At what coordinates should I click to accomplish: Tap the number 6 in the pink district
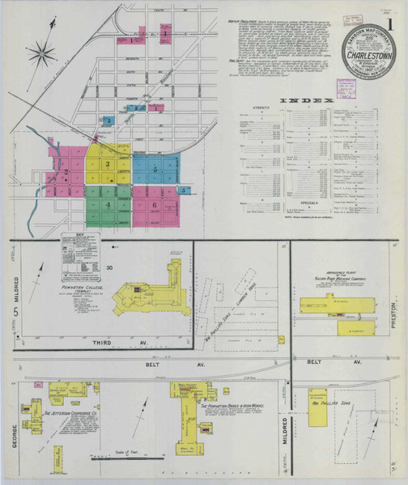(x=154, y=205)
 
